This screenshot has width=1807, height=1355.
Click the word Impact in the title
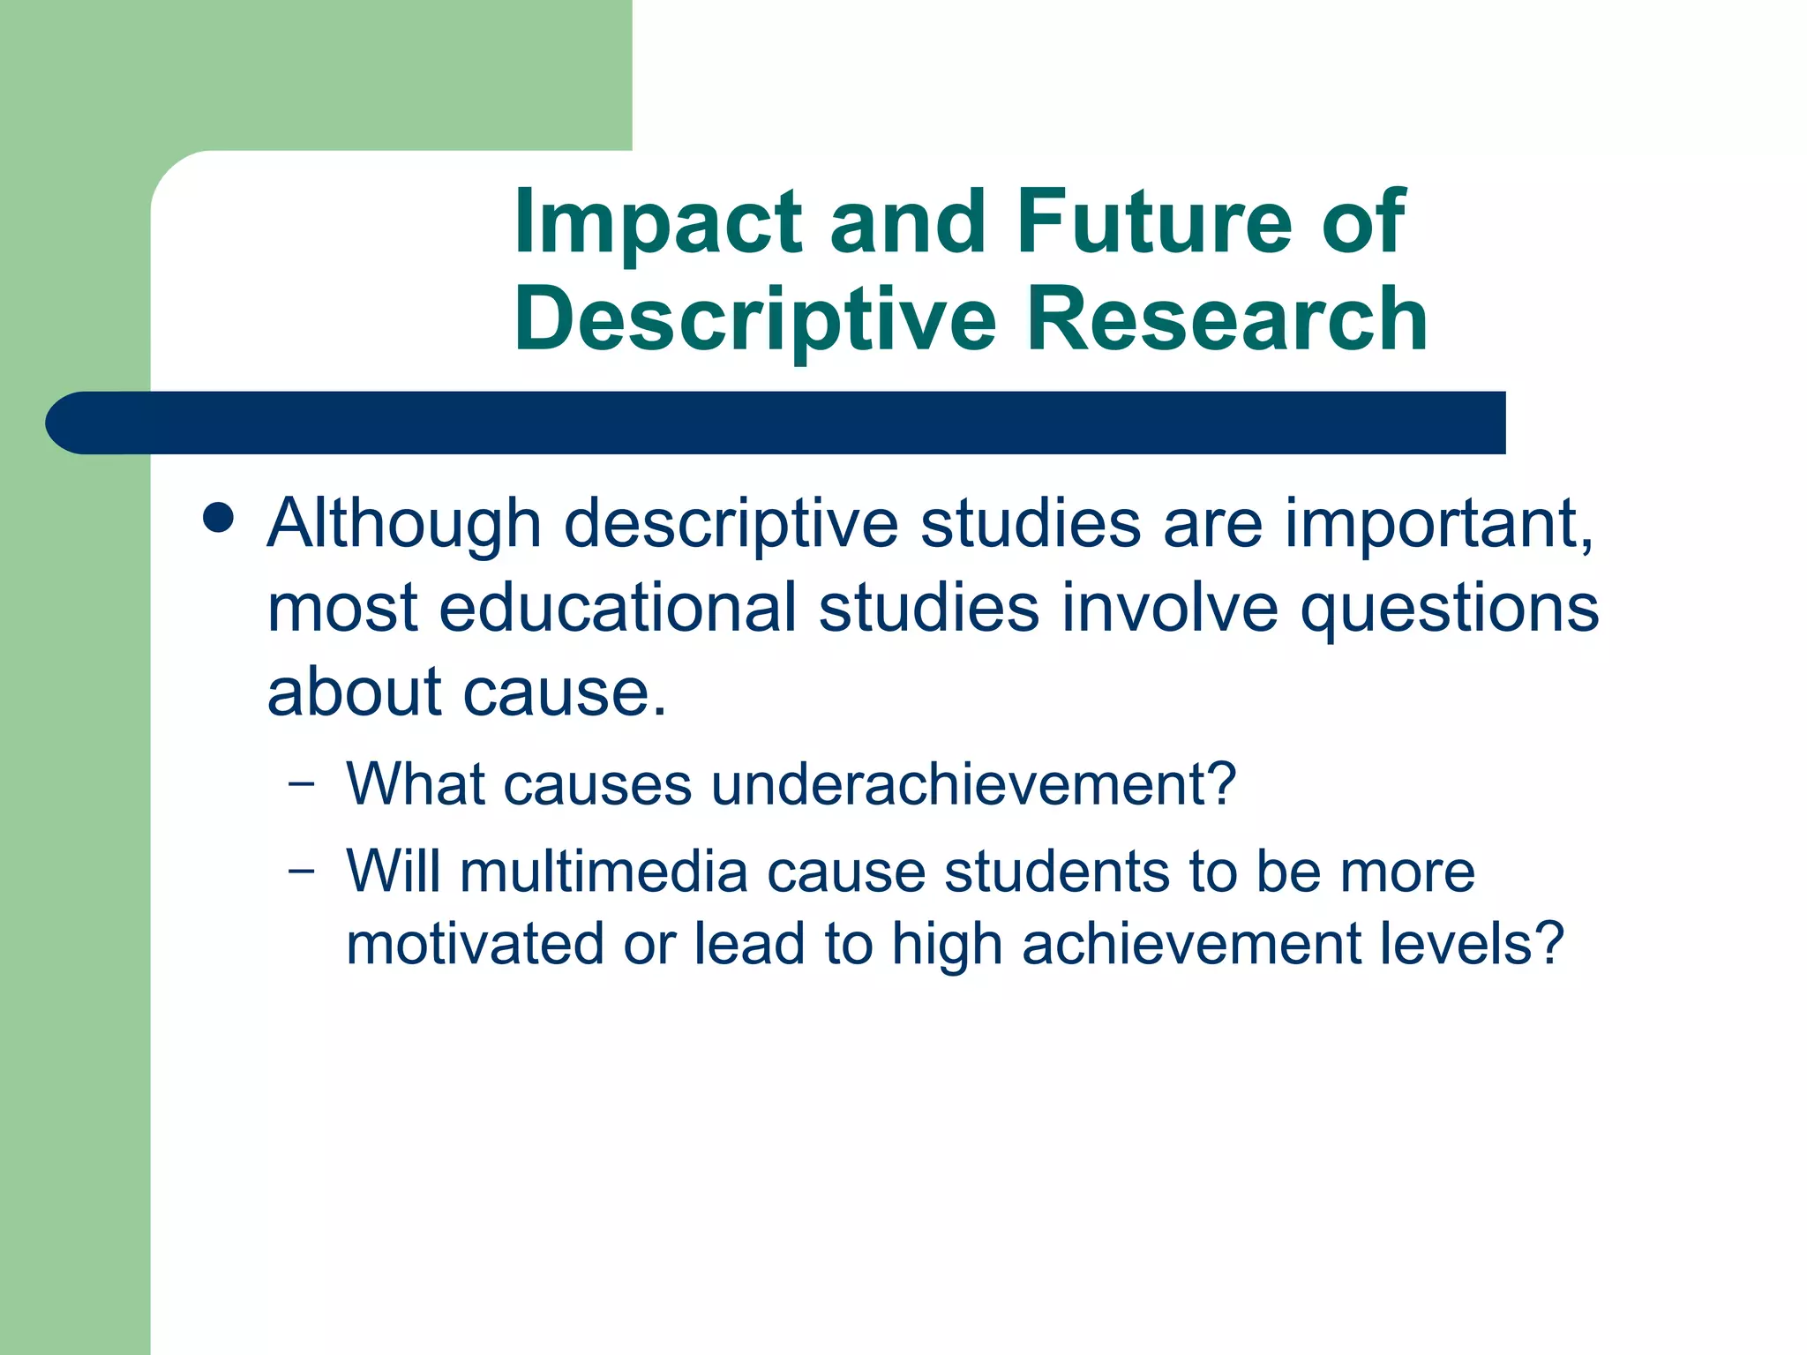[657, 222]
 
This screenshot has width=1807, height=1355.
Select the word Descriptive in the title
[755, 319]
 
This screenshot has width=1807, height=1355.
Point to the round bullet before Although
[218, 519]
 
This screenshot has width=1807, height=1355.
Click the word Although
[404, 524]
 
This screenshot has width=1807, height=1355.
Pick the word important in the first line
[1436, 524]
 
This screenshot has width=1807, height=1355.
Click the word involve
[1169, 608]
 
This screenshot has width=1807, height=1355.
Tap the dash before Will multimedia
[301, 871]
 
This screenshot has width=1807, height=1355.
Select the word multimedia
[604, 871]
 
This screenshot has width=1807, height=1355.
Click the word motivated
[475, 944]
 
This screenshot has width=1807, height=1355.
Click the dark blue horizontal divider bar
[776, 423]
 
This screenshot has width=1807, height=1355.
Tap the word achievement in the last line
[1192, 944]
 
